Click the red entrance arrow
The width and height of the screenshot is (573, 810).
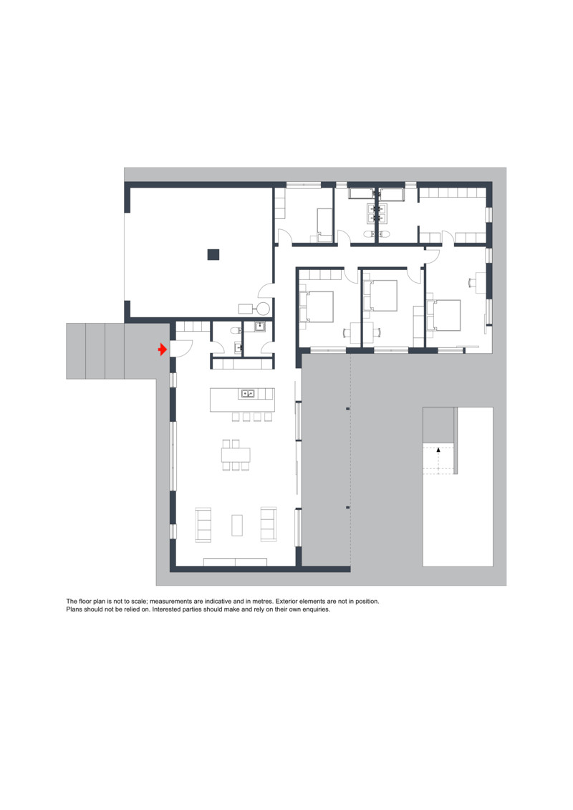163,349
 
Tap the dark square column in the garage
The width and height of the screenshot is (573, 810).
213,254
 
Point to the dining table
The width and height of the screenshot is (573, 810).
236,455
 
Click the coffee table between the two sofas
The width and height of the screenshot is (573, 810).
237,525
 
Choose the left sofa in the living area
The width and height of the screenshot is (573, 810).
203,525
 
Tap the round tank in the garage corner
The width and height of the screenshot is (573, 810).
264,309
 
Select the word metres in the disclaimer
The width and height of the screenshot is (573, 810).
263,602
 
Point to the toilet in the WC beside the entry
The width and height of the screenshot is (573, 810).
235,330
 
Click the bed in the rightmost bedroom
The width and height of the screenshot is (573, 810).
446,315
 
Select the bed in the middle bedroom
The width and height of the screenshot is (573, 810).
383,296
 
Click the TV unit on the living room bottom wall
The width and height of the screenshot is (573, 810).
235,562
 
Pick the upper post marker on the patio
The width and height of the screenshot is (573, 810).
347,409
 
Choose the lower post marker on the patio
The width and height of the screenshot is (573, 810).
347,507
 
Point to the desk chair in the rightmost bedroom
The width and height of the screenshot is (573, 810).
471,282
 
